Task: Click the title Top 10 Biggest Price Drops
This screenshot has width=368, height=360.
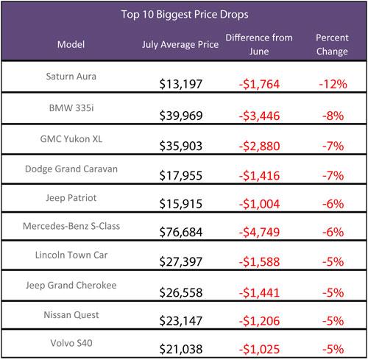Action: pyautogui.click(x=185, y=15)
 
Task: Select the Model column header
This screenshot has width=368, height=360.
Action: pyautogui.click(x=71, y=44)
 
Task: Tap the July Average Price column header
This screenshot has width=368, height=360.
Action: pyautogui.click(x=180, y=45)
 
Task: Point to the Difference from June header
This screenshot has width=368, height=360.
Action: pyautogui.click(x=259, y=44)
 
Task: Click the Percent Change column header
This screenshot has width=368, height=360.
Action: pyautogui.click(x=332, y=44)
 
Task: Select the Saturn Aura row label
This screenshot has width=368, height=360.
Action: pyautogui.click(x=71, y=77)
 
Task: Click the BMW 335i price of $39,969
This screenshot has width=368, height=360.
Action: pyautogui.click(x=181, y=116)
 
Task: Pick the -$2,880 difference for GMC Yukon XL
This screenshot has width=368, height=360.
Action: pyautogui.click(x=259, y=146)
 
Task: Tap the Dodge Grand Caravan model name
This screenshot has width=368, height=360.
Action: pyautogui.click(x=71, y=169)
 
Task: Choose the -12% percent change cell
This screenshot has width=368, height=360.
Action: pyautogui.click(x=333, y=84)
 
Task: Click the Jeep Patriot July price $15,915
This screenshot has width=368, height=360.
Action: pyautogui.click(x=181, y=204)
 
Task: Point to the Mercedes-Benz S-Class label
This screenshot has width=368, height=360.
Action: pyautogui.click(x=71, y=226)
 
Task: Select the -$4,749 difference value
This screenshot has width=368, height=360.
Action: pyautogui.click(x=259, y=232)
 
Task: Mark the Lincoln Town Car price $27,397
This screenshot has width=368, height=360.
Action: pyautogui.click(x=181, y=261)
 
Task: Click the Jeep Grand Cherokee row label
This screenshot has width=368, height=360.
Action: pyautogui.click(x=71, y=285)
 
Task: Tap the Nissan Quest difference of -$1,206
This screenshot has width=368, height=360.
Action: pyautogui.click(x=259, y=321)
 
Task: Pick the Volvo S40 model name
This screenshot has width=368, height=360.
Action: pyautogui.click(x=71, y=343)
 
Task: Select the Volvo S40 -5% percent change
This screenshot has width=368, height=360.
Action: pyautogui.click(x=333, y=349)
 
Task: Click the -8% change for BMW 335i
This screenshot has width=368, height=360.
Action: pyautogui.click(x=333, y=116)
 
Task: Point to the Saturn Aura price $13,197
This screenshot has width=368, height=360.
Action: pyautogui.click(x=181, y=84)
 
